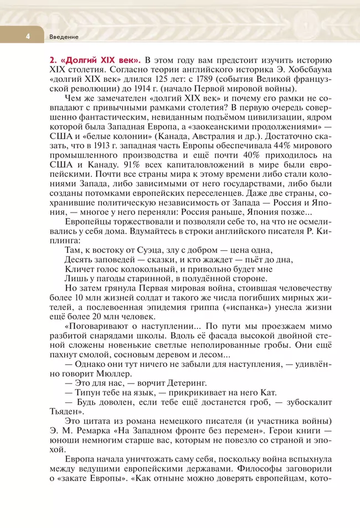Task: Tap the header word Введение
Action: (x=64, y=37)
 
